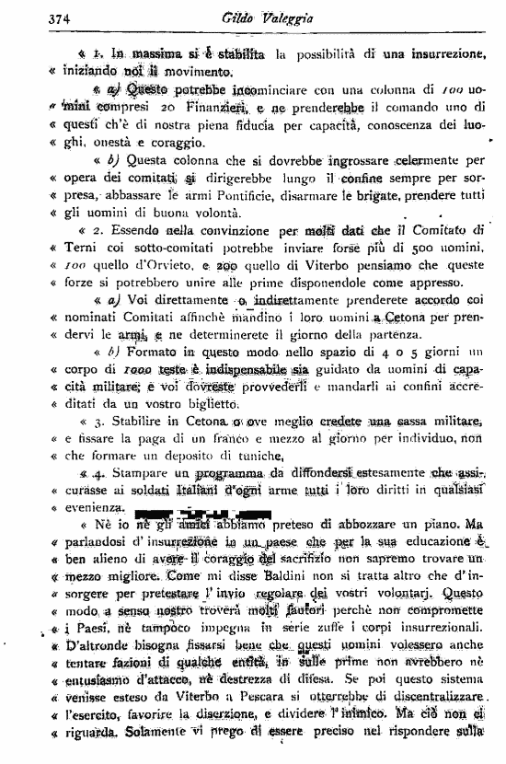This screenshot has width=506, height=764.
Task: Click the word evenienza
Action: [x=92, y=507]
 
